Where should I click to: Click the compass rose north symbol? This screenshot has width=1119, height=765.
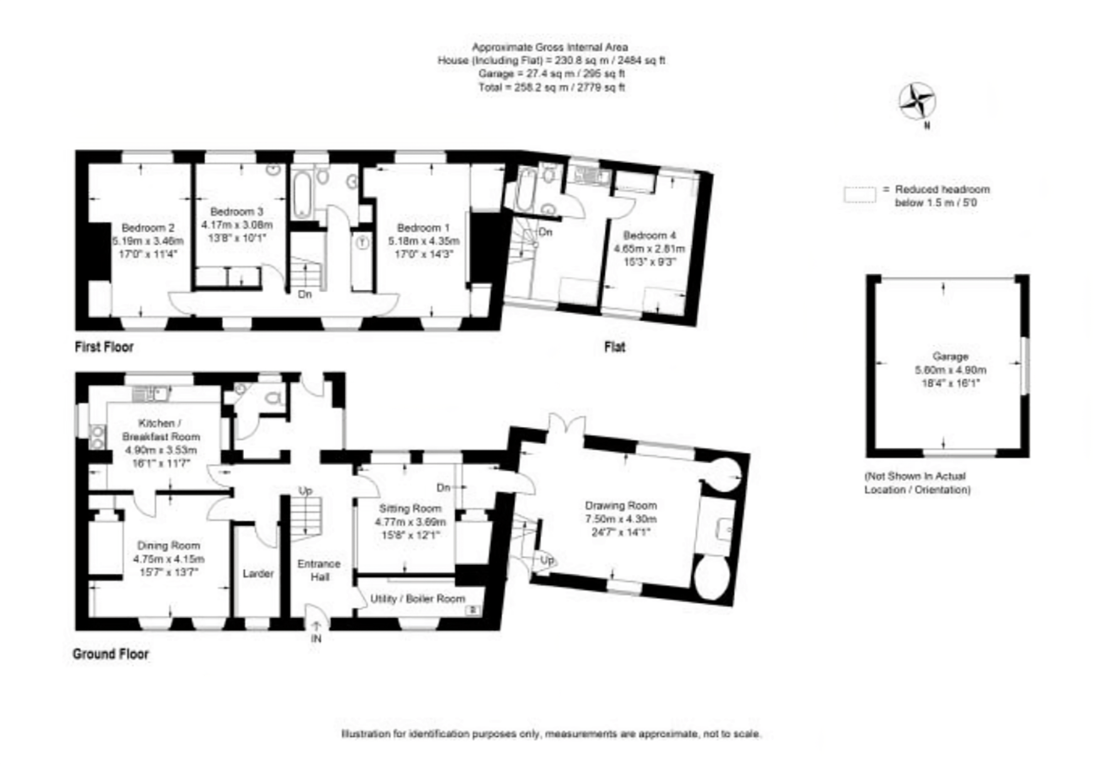coord(917,102)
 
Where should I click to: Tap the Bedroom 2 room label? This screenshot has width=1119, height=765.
coord(148,228)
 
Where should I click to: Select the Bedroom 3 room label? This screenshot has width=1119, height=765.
coord(236,211)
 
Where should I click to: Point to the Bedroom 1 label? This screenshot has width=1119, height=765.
coord(423,228)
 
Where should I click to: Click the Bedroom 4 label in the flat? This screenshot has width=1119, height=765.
coord(649,236)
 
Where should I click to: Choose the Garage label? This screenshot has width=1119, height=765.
coord(950,357)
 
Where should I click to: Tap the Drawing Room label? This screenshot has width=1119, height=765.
coord(620,505)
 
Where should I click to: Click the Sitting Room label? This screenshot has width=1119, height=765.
coord(410,509)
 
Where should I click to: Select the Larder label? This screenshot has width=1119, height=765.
coord(258,573)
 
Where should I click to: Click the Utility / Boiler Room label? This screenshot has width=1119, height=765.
coord(418,599)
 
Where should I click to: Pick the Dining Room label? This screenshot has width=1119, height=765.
coord(169,546)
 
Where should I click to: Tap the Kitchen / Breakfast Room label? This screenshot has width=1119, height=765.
coord(161,430)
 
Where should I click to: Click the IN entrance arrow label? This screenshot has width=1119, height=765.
coord(316,638)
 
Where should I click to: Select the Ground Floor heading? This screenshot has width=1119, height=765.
coord(111,654)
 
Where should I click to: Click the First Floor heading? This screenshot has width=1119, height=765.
coord(104,347)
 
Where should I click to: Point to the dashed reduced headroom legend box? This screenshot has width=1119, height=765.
coord(859,195)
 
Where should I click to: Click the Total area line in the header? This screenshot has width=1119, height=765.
coord(551,88)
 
